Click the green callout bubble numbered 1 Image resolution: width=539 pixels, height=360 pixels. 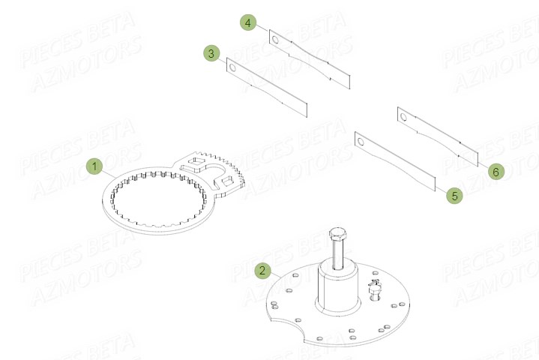[94, 166]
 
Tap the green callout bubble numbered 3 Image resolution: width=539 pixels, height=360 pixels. [211, 53]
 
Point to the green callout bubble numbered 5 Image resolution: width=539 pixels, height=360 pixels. [454, 196]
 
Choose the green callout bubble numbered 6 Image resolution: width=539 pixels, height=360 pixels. [495, 172]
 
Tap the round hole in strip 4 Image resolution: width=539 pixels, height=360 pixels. [275, 39]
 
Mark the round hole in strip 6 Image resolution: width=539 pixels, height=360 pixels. [405, 116]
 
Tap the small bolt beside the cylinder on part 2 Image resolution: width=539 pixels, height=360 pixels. [375, 288]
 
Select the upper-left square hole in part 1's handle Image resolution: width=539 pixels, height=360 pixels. [199, 161]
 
